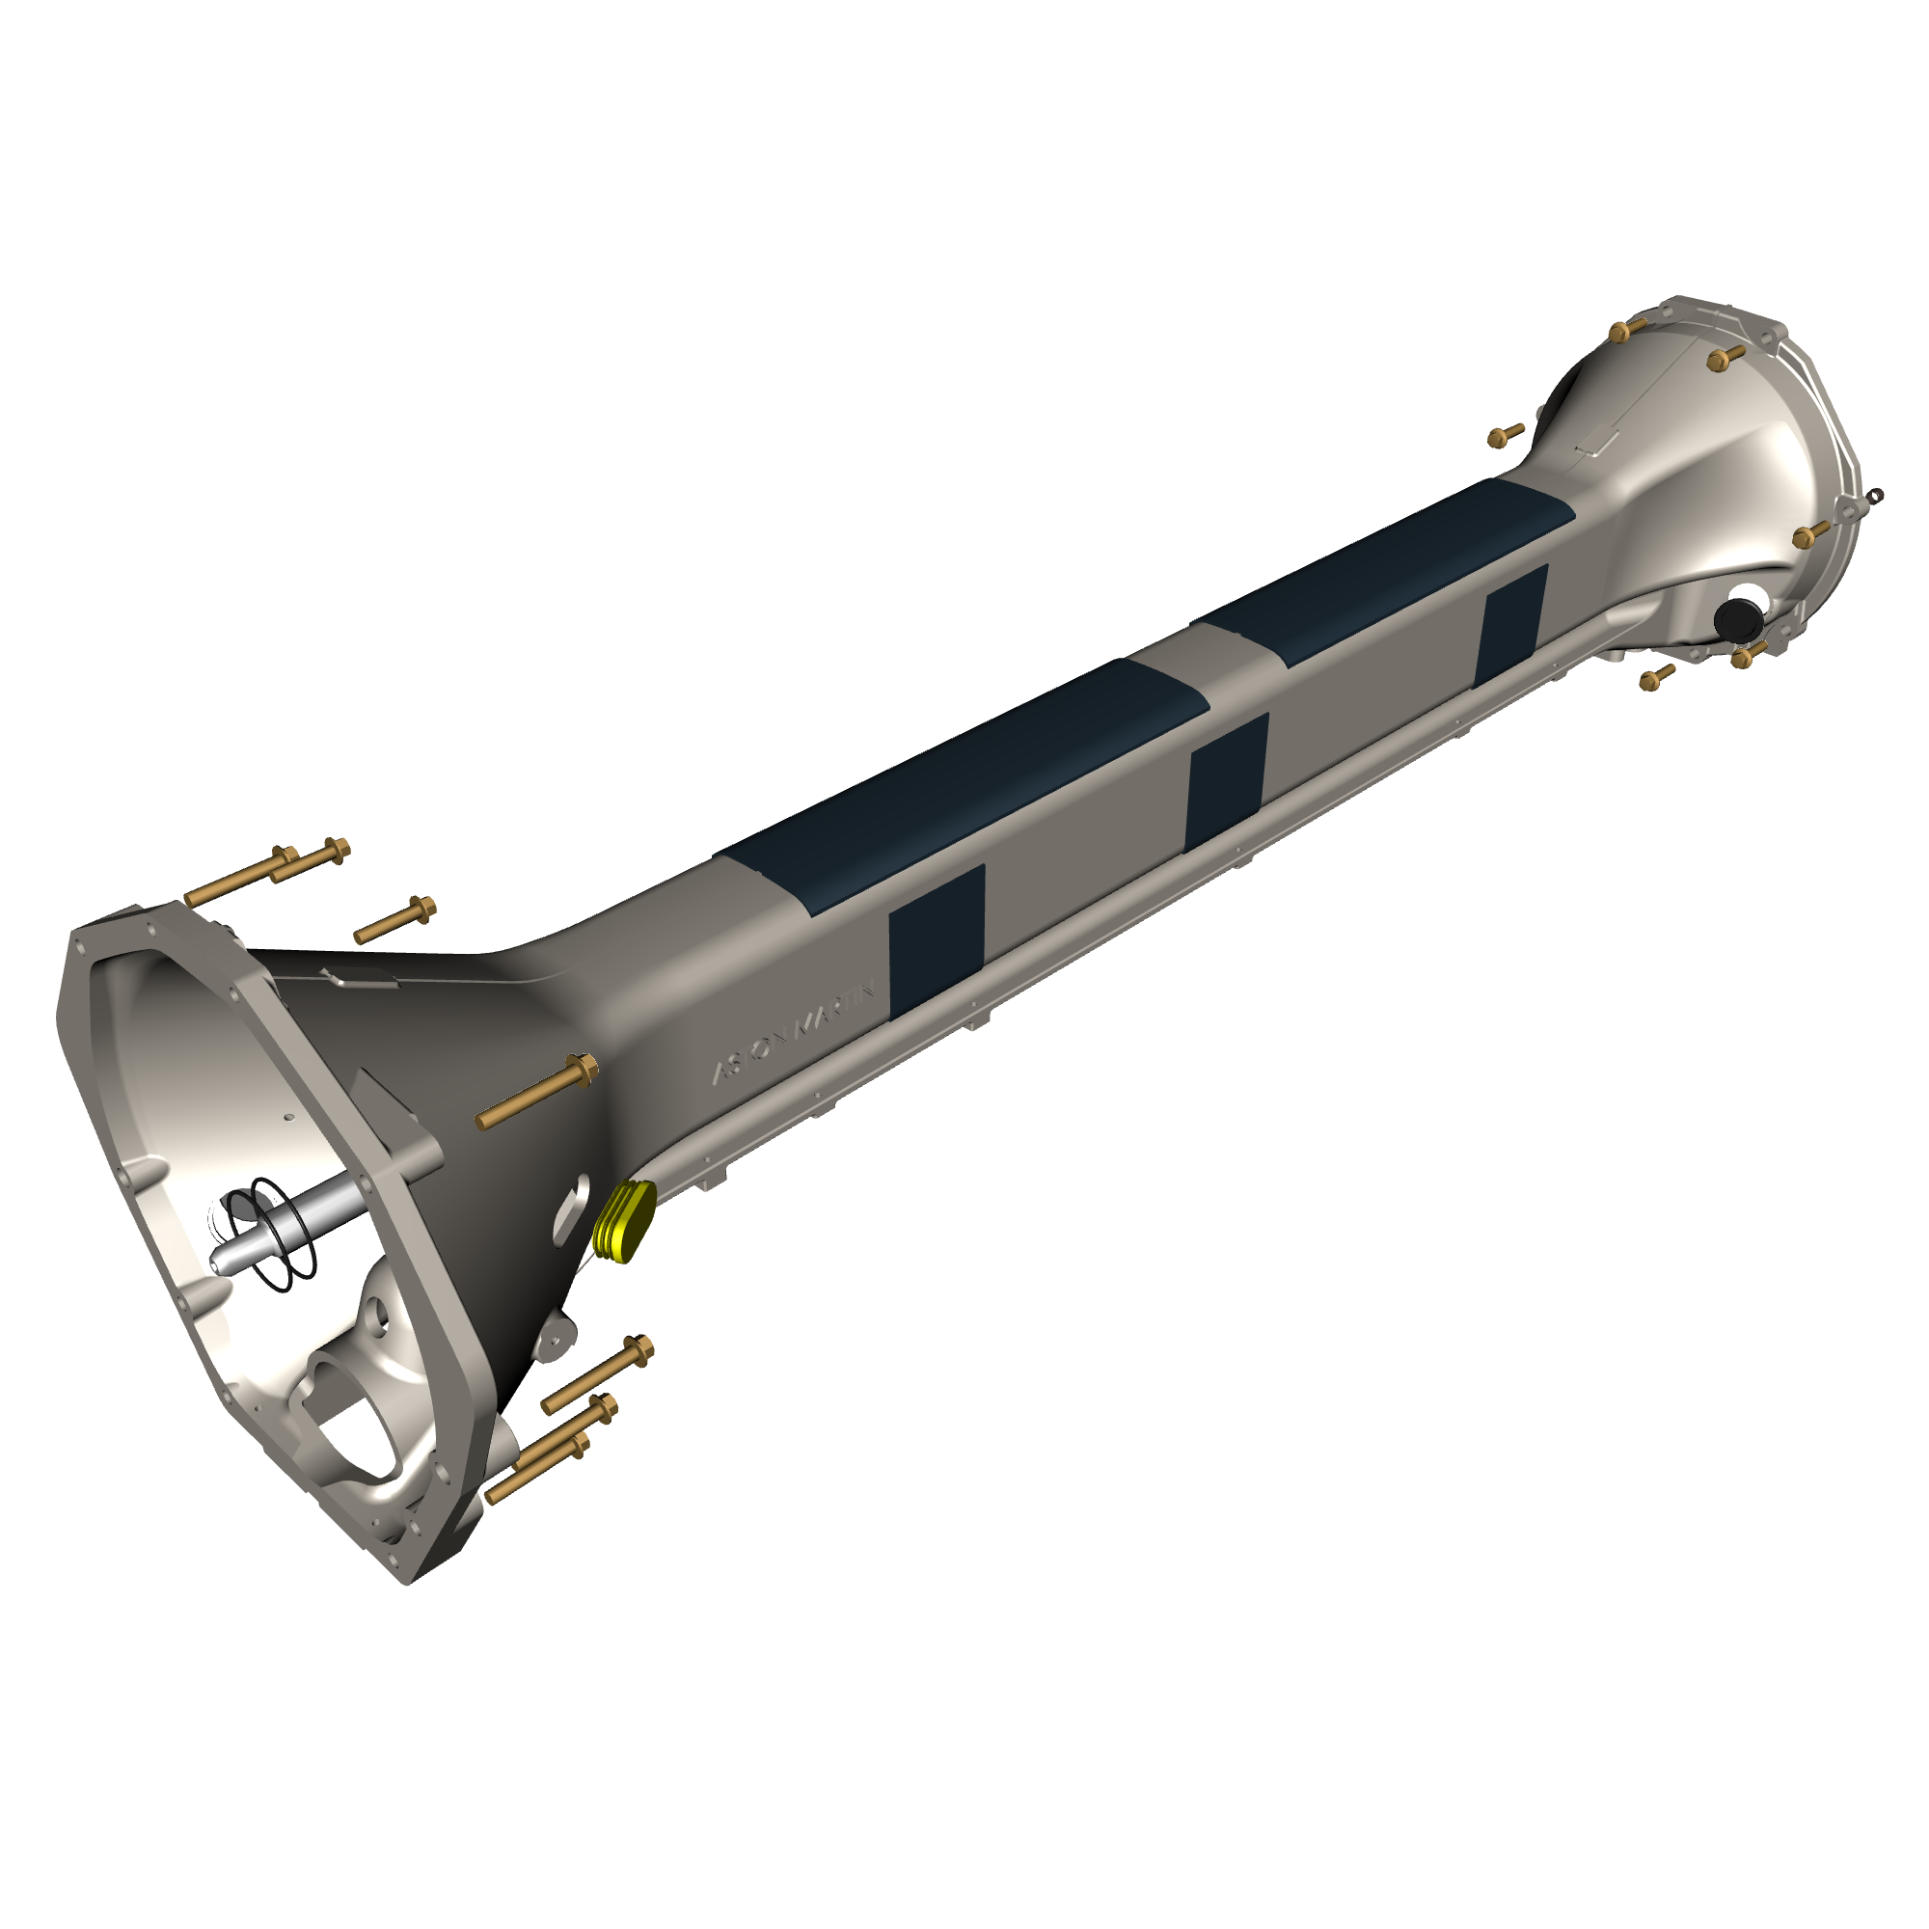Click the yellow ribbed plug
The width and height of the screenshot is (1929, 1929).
624,1221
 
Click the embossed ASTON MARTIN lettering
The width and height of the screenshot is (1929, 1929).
794,1032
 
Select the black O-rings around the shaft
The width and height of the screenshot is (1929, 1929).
270,1236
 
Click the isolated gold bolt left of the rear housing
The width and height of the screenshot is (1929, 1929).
1506,434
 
